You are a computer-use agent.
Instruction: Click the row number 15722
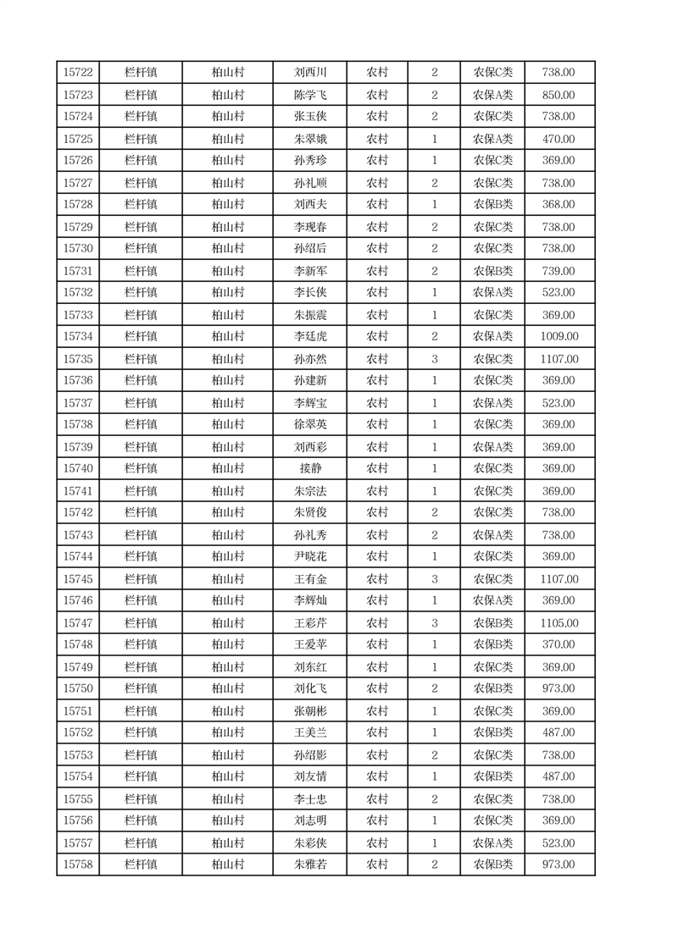78,73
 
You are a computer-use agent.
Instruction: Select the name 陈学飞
309,95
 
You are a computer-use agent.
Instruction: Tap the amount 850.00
559,95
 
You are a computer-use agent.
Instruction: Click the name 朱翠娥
309,139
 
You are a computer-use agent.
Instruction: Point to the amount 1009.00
559,337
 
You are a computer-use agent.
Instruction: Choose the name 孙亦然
309,359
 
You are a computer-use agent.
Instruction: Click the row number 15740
78,469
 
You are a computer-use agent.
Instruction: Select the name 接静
309,469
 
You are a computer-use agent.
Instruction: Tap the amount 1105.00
559,623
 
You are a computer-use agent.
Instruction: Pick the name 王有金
309,579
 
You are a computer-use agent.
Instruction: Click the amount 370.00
559,645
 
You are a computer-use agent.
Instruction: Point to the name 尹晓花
309,557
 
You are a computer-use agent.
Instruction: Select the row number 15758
78,864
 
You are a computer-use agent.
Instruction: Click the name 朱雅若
309,864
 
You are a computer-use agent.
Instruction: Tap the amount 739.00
559,271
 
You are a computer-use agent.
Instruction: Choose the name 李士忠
309,799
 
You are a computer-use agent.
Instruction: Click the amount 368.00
559,205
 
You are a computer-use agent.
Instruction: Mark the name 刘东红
309,667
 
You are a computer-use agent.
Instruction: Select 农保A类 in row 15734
492,337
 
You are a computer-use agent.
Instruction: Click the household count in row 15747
435,623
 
